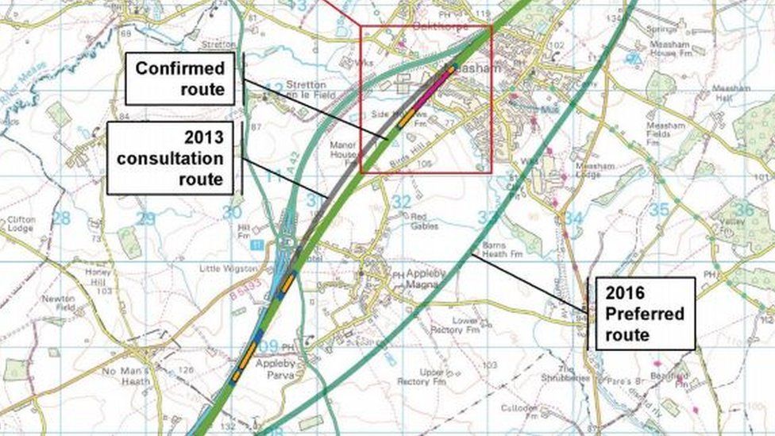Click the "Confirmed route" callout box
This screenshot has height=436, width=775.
[180, 79]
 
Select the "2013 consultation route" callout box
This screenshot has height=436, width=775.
[170, 158]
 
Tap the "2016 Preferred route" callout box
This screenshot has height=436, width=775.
[645, 314]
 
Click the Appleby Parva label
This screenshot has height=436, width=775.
[276, 369]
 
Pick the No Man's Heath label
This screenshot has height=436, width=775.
[125, 376]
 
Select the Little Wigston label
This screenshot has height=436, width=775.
[228, 268]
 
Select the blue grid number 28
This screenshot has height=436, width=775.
[60, 217]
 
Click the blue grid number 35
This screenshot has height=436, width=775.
[658, 210]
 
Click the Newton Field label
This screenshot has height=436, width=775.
[59, 303]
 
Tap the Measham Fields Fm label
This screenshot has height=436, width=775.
[665, 134]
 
